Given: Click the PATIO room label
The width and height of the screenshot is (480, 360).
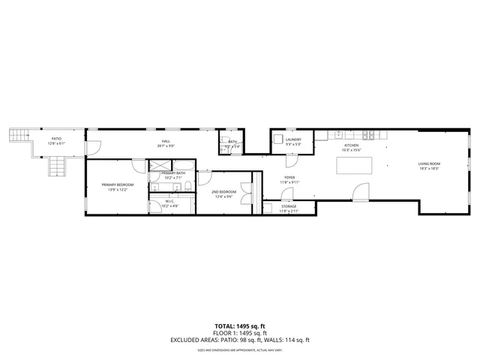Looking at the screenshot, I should click(56, 139).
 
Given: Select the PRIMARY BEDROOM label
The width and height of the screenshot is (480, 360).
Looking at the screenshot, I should click(118, 184).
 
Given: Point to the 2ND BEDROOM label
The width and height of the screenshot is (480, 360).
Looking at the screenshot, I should click(223, 191).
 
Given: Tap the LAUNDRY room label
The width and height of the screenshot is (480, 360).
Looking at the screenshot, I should click(293, 139).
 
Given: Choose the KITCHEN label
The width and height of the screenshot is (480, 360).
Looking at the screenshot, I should click(351, 145).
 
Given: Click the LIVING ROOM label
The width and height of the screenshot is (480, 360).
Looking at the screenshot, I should click(429, 163).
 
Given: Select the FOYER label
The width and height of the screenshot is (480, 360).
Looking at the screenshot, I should click(289, 177).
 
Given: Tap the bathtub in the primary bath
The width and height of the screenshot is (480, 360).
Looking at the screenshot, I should click(172, 186).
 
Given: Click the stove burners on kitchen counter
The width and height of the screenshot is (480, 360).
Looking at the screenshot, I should click(368, 135).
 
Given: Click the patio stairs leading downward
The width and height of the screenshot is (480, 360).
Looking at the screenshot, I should click(57, 166).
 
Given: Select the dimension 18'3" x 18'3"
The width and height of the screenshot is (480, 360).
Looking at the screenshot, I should click(429, 169).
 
